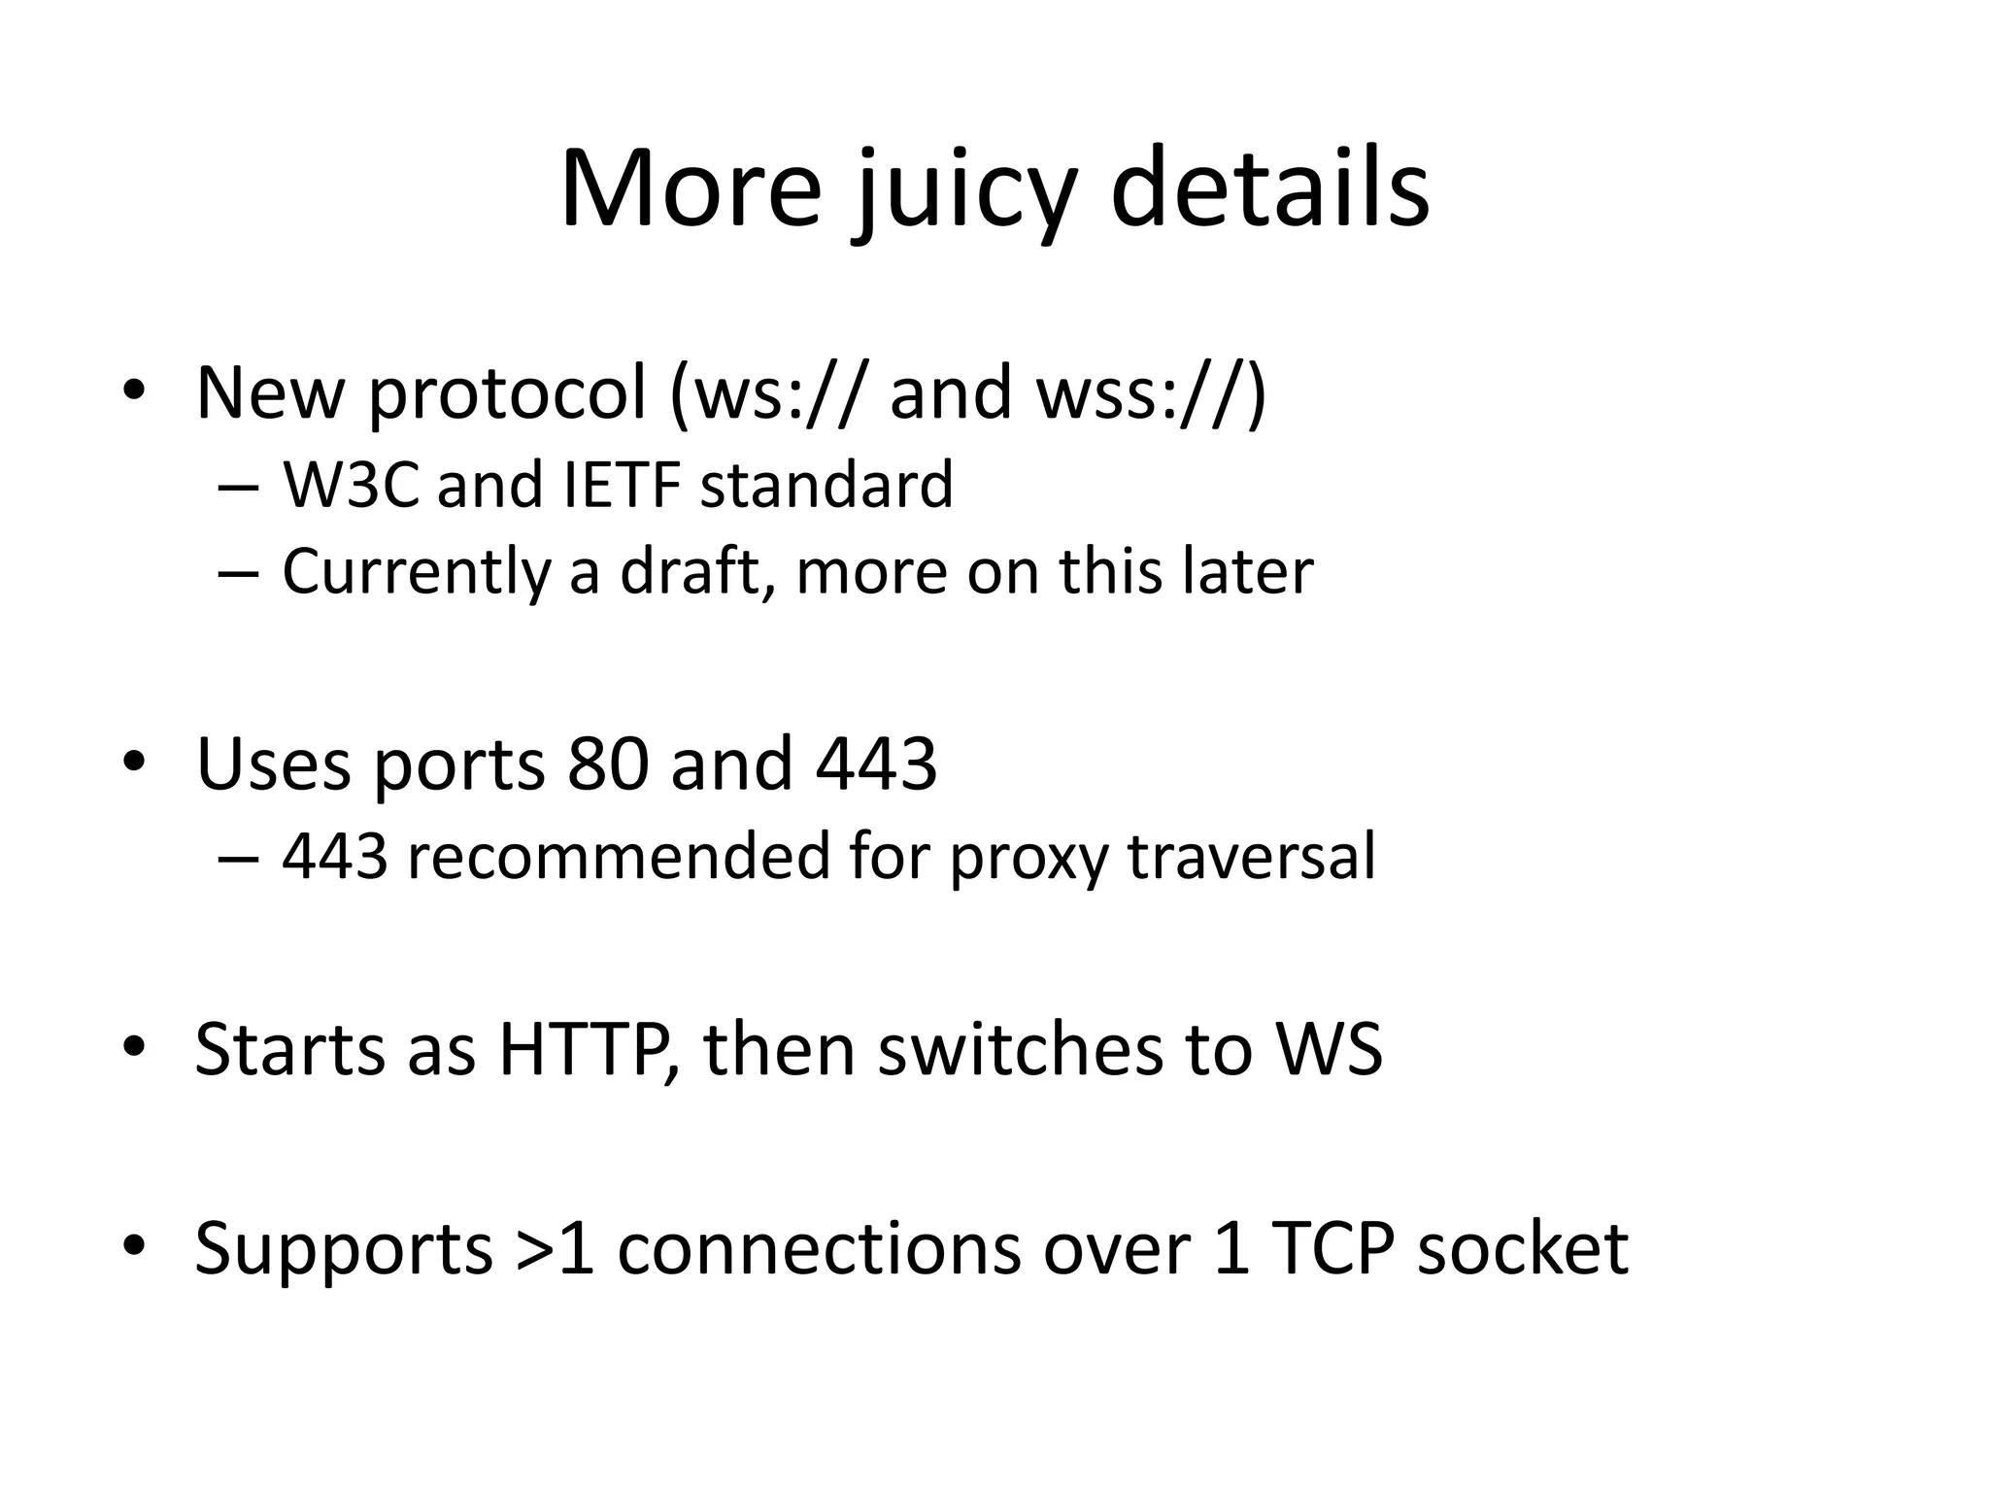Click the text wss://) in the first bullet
click(1152, 393)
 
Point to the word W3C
click(351, 485)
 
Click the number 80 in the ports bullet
click(607, 763)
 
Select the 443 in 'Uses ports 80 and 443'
click(876, 763)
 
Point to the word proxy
click(1028, 859)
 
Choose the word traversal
click(1252, 857)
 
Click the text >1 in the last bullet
click(556, 1248)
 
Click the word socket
click(1522, 1248)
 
